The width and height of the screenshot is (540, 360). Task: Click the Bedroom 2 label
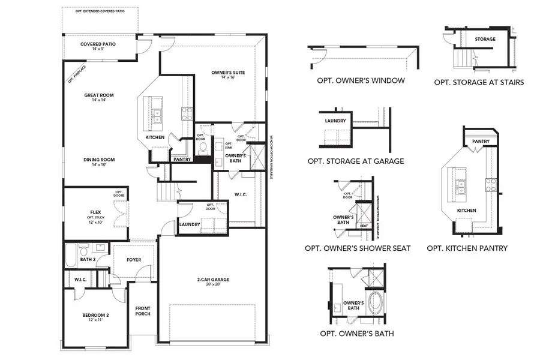coord(95,317)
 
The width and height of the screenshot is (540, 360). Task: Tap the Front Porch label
coord(142,311)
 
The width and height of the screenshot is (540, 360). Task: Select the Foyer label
coord(134,260)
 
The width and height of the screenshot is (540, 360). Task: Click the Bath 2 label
coord(88,259)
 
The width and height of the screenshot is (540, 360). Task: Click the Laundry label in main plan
coord(190,225)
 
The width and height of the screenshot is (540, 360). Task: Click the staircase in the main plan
coord(169,193)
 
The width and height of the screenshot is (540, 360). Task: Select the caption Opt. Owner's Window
coord(361,80)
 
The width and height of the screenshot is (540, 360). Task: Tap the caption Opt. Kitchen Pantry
coord(467,248)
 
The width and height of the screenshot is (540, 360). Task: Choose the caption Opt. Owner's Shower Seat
coord(358,248)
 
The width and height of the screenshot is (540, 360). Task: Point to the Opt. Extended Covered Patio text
coord(100,11)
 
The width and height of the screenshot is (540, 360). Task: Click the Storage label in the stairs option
coord(485,40)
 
